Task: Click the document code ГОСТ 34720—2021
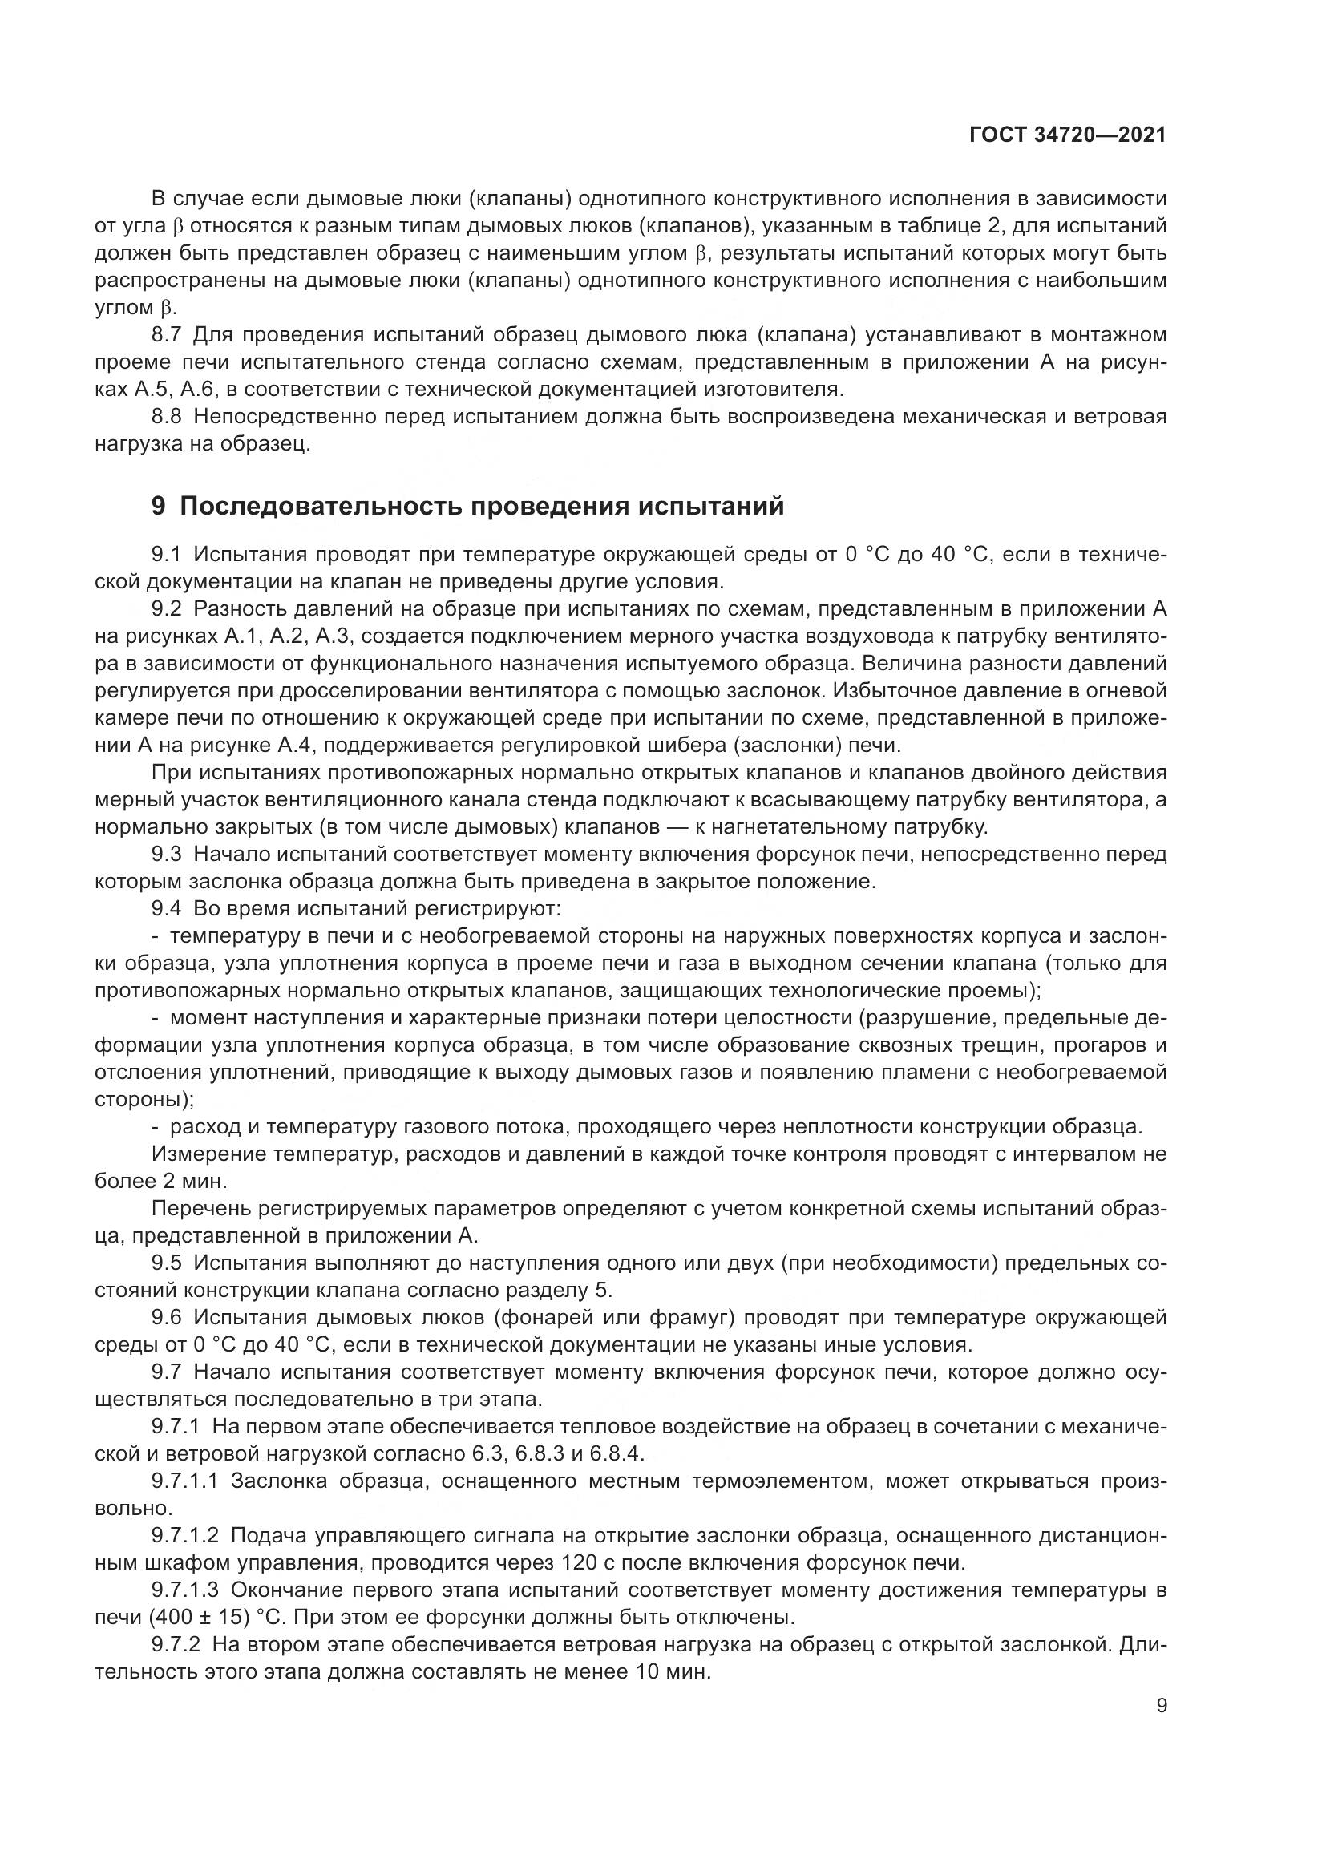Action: point(1067,135)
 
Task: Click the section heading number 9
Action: point(159,507)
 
